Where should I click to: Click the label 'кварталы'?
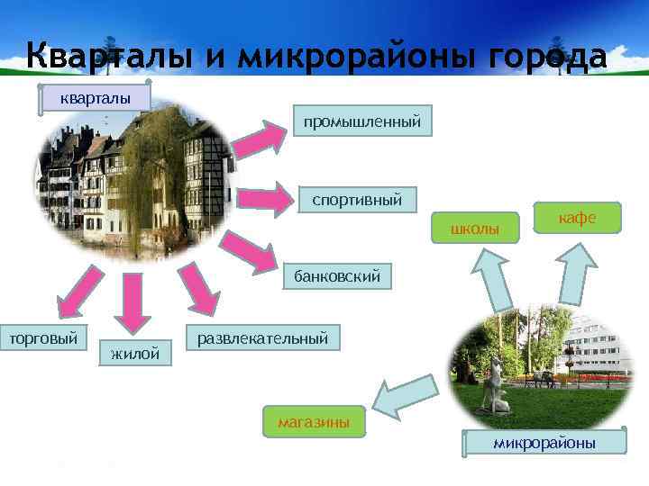[94, 97]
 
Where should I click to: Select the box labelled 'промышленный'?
[361, 121]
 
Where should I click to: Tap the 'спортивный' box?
[357, 199]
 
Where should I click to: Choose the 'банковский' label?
[337, 276]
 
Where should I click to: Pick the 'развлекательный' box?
[262, 337]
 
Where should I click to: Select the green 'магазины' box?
[314, 421]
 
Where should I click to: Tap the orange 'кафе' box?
[577, 218]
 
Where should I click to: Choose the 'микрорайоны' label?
[544, 443]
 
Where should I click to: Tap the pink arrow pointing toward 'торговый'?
[74, 296]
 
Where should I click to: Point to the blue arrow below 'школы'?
[491, 278]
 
